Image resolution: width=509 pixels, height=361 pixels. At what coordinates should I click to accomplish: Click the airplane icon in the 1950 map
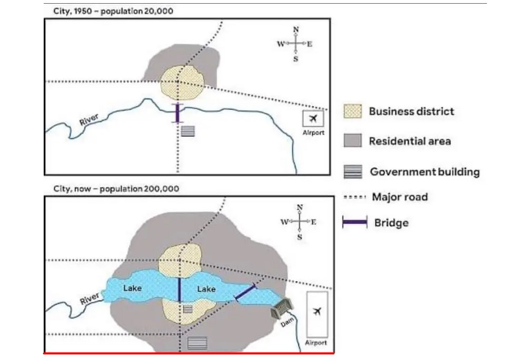pos(313,119)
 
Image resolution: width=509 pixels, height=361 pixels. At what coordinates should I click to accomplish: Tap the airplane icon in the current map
pos(317,312)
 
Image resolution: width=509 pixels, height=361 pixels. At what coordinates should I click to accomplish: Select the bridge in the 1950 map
pos(177,113)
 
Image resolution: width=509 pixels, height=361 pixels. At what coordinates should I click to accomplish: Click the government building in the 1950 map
pos(187,131)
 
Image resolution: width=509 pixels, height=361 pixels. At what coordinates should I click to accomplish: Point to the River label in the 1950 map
pos(89,119)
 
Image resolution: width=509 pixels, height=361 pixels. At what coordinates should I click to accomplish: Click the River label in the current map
pos(89,298)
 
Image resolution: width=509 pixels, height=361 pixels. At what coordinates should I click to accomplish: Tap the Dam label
pos(287,322)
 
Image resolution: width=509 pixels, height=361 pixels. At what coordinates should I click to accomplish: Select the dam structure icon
pos(282,308)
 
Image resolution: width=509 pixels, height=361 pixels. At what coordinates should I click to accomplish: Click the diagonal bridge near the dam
pos(246,292)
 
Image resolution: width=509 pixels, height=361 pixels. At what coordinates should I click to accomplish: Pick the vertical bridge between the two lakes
pos(179,290)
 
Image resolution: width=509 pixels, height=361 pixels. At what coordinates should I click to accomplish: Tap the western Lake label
pos(133,288)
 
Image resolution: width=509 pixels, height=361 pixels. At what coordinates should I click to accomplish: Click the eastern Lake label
pos(206,288)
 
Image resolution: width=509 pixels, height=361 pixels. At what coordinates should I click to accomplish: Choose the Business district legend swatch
pos(353,111)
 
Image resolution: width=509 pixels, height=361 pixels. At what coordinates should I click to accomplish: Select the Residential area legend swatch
pos(353,141)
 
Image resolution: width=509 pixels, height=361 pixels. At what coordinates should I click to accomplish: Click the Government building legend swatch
pos(353,171)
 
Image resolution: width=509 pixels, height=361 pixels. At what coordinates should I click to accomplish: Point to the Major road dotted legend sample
pos(355,197)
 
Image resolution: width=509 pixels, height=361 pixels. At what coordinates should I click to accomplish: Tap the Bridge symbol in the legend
pos(355,222)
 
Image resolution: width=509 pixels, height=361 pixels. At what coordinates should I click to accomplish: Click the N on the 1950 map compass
pos(296,29)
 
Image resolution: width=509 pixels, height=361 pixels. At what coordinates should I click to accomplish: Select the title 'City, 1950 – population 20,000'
pos(113,12)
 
